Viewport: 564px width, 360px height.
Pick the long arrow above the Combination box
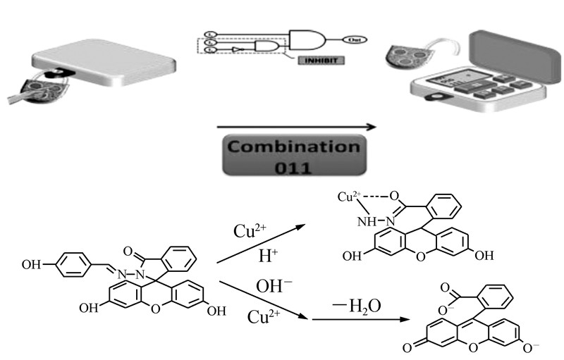(296, 128)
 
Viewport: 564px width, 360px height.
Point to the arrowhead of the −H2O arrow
(407, 320)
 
